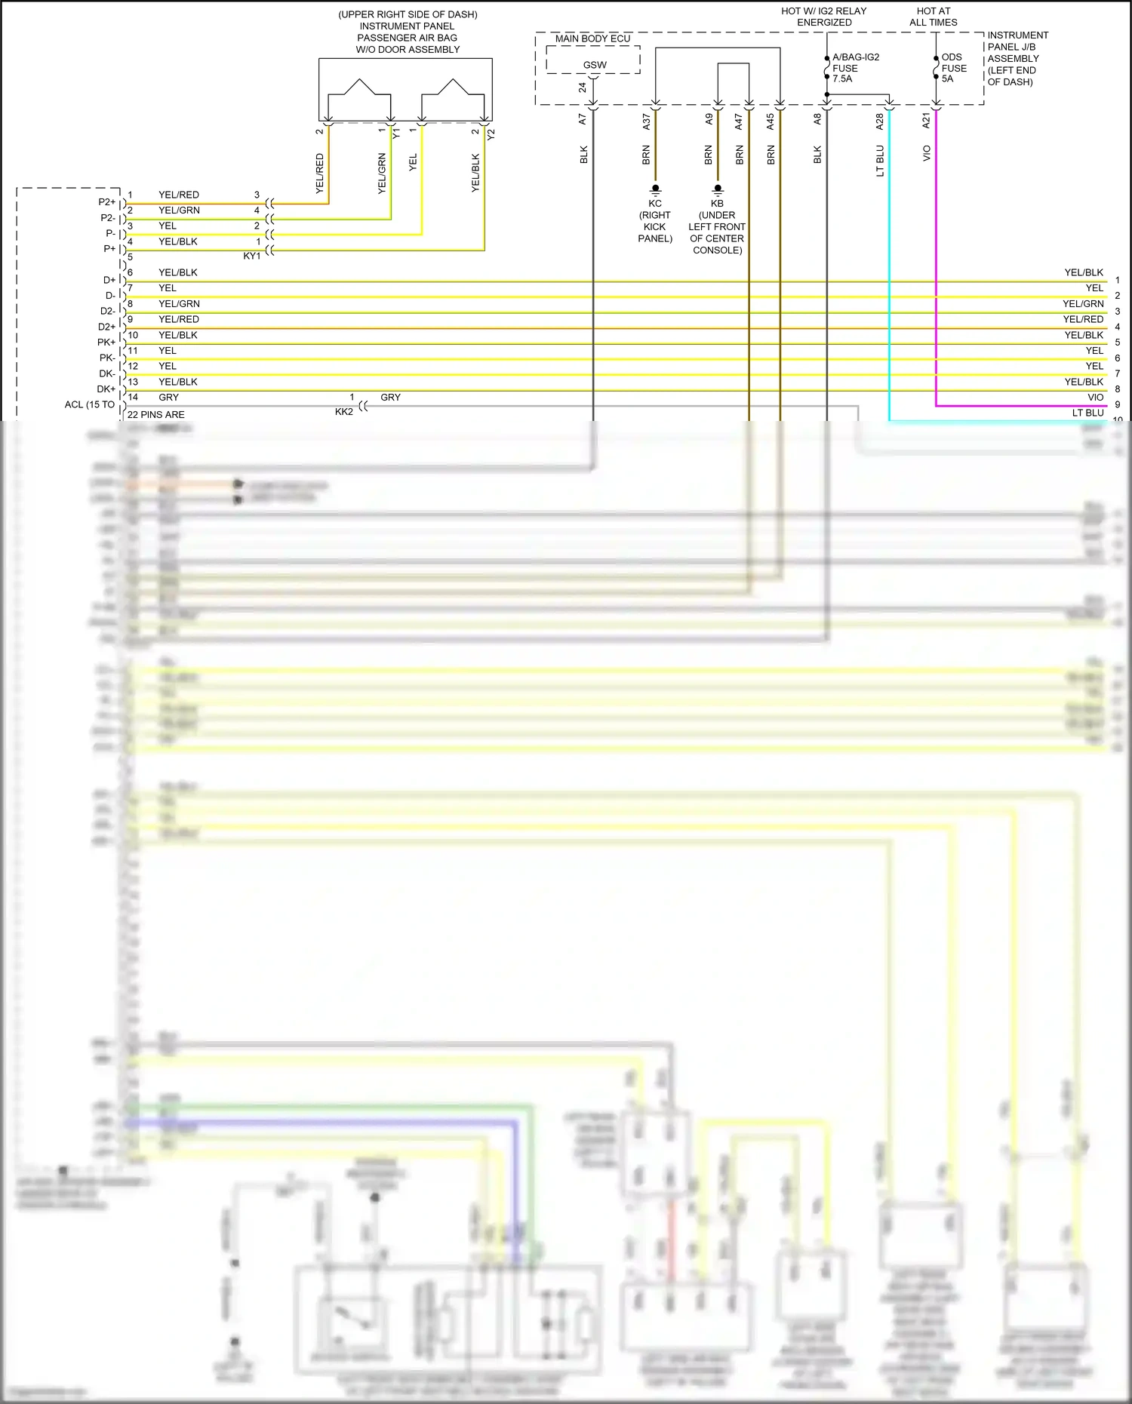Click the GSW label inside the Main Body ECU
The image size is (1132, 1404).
(x=595, y=65)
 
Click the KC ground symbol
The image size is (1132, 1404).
(x=655, y=189)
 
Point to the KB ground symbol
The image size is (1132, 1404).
(x=718, y=189)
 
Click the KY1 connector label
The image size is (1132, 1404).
(x=252, y=257)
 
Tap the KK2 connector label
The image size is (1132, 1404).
(x=343, y=412)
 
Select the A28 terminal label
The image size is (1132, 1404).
(x=880, y=121)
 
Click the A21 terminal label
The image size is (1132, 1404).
(x=927, y=121)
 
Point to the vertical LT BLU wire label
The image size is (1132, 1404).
(x=880, y=161)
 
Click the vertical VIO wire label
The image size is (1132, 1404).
(x=927, y=153)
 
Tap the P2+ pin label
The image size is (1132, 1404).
(x=107, y=202)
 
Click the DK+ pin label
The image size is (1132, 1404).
(x=106, y=389)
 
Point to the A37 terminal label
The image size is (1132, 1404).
(x=647, y=121)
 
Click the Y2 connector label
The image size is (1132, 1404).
(x=491, y=134)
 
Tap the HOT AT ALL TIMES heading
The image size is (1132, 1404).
(x=934, y=17)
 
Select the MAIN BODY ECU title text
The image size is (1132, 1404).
(x=592, y=38)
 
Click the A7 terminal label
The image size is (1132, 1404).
(x=583, y=119)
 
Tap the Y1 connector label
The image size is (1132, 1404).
(x=397, y=133)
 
